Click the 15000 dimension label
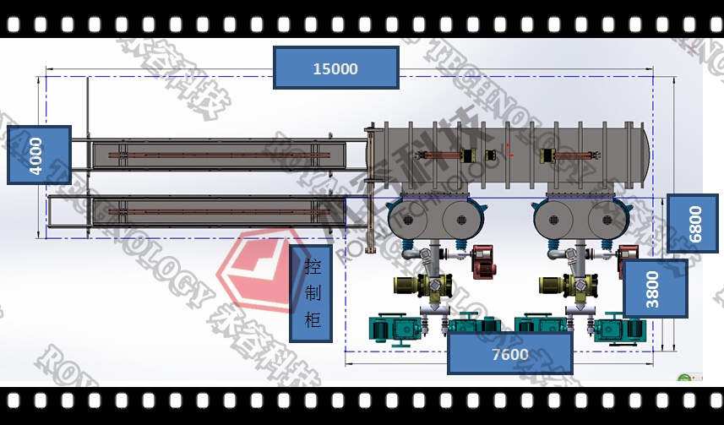pyautogui.click(x=335, y=68)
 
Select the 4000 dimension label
pyautogui.click(x=38, y=155)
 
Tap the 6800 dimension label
pyautogui.click(x=692, y=223)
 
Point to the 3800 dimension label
pyautogui.click(x=655, y=288)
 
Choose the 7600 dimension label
pyautogui.click(x=509, y=354)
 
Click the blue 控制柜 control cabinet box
pyautogui.click(x=311, y=293)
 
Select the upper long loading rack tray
pyautogui.click(x=218, y=155)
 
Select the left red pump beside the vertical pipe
pyautogui.click(x=483, y=260)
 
